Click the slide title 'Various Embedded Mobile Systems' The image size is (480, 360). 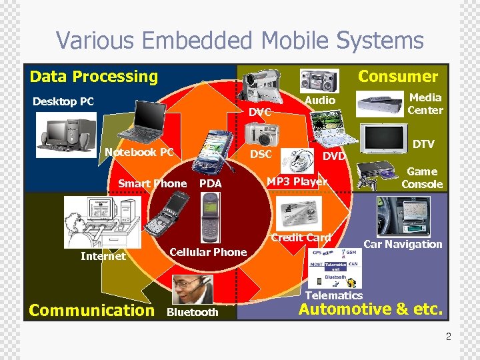[239, 40]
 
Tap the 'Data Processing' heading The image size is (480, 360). [94, 77]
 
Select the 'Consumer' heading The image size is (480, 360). [398, 77]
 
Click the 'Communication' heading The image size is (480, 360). [91, 310]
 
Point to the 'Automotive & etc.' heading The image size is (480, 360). [370, 309]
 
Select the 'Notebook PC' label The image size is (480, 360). [139, 152]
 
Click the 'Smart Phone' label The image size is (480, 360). [152, 183]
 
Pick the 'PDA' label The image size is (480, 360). [211, 183]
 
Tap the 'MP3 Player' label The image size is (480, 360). [297, 181]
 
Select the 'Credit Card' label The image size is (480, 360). [301, 237]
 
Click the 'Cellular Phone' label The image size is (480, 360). [208, 252]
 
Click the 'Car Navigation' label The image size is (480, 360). [403, 244]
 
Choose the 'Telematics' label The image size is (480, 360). [333, 295]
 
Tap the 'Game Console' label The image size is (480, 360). [422, 178]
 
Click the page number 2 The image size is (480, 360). [448, 337]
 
